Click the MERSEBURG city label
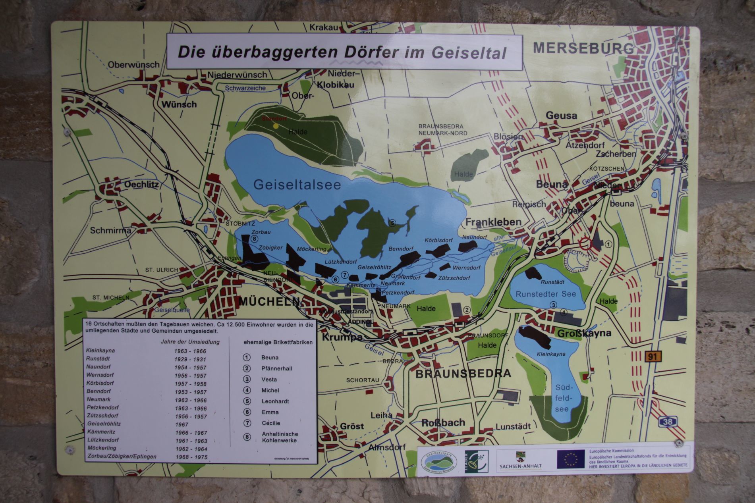tap(583, 48)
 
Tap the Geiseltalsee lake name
tap(297, 185)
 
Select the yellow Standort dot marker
tap(276, 126)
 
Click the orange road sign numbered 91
tap(653, 357)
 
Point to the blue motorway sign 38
tap(668, 421)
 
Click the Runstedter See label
tap(545, 294)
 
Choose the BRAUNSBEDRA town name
tap(463, 374)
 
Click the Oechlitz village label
tap(141, 185)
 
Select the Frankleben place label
tap(493, 222)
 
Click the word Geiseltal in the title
tap(467, 53)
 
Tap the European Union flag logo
tap(570, 459)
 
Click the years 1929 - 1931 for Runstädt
tap(190, 359)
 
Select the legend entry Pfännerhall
tap(277, 368)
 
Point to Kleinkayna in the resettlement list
tap(100, 351)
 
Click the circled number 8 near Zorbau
tap(255, 239)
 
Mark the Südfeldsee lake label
tap(562, 398)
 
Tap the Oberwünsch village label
tap(133, 64)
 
